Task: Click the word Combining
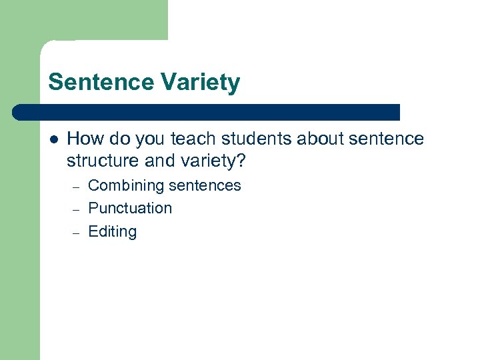point(122,186)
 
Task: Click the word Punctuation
point(130,208)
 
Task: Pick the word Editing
point(112,232)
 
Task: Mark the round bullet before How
point(53,139)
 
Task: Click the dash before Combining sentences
point(76,187)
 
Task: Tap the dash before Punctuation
point(76,209)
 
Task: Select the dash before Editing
point(76,233)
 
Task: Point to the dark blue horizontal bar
point(207,112)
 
